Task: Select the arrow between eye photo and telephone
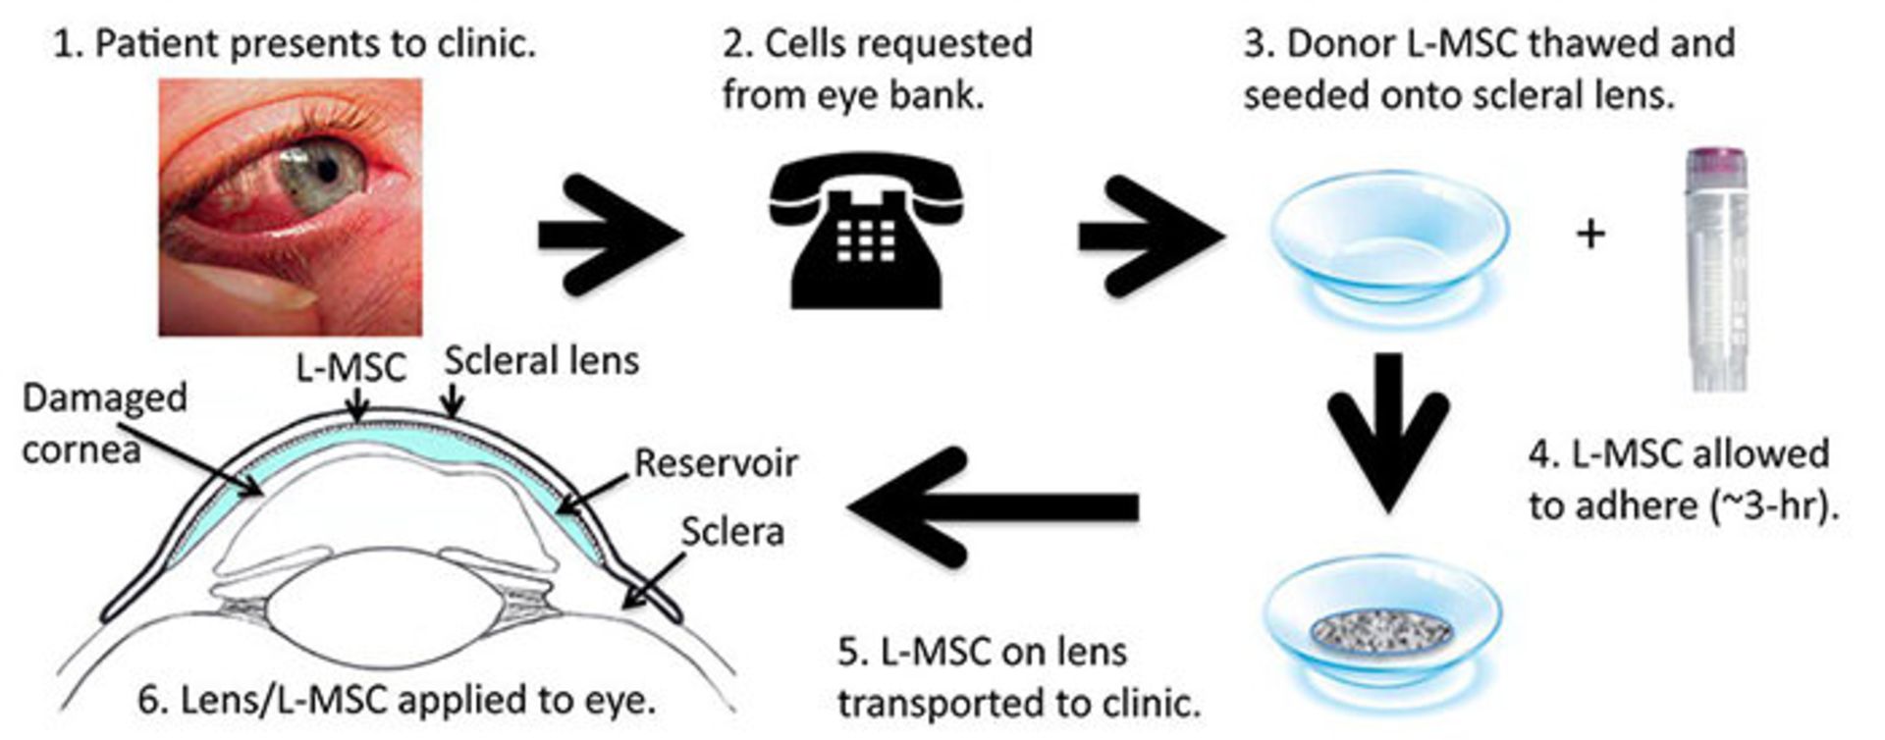609,235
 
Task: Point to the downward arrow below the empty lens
1387,432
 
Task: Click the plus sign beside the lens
1590,234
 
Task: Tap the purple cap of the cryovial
1714,162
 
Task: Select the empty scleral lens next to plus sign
1389,236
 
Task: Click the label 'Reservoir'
716,463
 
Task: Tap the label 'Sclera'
732,532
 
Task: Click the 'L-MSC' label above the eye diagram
350,368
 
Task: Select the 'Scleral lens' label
541,361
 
